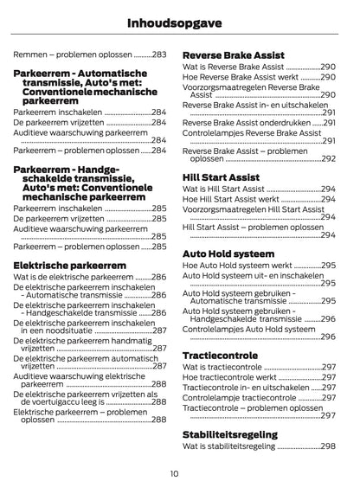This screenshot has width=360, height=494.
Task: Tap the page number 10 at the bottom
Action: click(x=175, y=472)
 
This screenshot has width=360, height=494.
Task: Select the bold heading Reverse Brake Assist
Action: click(x=233, y=55)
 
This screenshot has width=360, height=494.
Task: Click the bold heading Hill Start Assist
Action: click(x=221, y=176)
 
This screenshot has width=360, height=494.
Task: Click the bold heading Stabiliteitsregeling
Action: click(x=230, y=434)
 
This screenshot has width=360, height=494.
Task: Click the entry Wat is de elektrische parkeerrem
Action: click(x=74, y=277)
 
